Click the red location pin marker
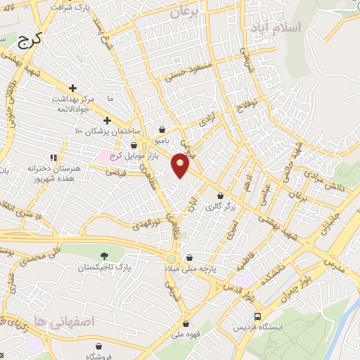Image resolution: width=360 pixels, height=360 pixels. click(181, 166)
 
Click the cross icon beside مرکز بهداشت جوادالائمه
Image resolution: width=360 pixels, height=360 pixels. click(73, 87)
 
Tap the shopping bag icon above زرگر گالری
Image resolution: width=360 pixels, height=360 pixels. click(221, 196)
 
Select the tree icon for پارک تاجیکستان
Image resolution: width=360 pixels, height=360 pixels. click(105, 256)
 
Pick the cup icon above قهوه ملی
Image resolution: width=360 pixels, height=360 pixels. click(185, 325)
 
